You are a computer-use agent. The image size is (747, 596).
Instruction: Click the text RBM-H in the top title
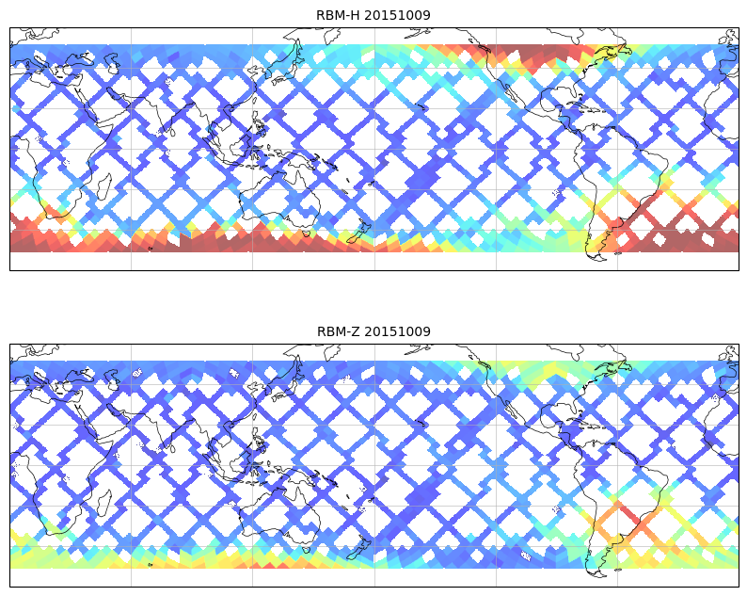(338, 15)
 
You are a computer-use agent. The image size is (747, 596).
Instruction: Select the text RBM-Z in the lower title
(338, 331)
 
